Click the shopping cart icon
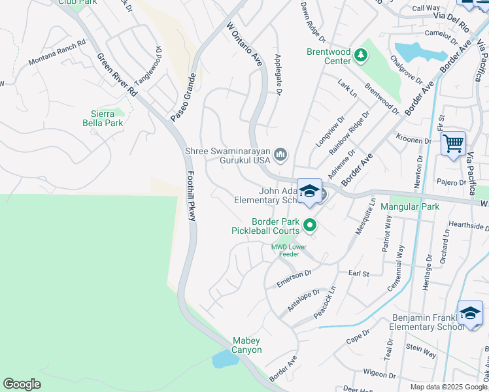[453, 142]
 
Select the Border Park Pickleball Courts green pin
[310, 226]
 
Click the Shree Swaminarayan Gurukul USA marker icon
[281, 155]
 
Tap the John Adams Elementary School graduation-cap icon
[309, 191]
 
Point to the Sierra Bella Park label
[103, 118]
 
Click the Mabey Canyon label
[247, 345]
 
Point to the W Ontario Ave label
[244, 45]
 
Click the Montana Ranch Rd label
[57, 53]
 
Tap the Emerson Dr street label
[295, 277]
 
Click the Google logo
[22, 384]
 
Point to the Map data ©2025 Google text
[448, 387]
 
